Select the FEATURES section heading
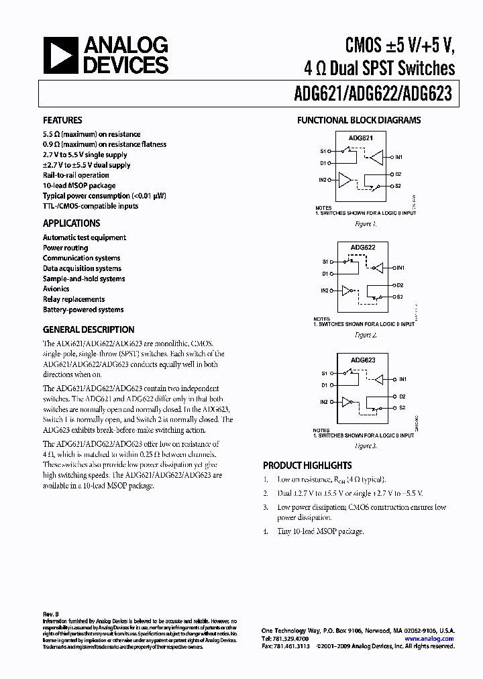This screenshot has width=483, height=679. click(62, 120)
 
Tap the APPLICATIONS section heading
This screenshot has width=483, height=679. click(72, 223)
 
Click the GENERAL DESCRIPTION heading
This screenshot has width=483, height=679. click(89, 329)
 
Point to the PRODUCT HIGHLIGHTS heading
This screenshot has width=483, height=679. click(307, 465)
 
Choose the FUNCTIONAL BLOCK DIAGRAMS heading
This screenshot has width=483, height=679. click(359, 120)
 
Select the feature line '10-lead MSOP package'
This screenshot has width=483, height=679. click(79, 185)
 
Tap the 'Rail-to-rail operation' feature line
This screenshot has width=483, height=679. click(76, 175)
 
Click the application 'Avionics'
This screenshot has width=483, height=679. click(56, 289)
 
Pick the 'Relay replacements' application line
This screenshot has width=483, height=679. click(74, 299)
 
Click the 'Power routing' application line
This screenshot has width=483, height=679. click(66, 248)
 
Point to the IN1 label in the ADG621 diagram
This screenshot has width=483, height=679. click(398, 157)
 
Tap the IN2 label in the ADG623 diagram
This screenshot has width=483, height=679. click(324, 402)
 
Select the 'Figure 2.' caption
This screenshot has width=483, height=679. click(366, 334)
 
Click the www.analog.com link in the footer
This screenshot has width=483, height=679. click(431, 639)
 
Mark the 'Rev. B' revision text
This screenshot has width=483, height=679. click(52, 613)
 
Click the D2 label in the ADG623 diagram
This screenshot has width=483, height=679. click(400, 397)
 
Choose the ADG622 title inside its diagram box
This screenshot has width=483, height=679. click(362, 248)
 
